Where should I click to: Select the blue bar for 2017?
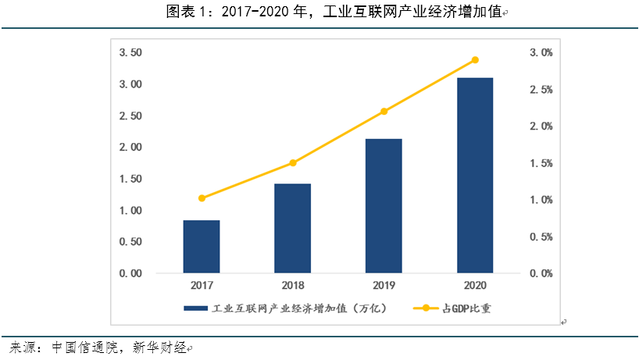pyautogui.click(x=202, y=247)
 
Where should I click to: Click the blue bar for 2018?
pyautogui.click(x=293, y=228)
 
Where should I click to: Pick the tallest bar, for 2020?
pyautogui.click(x=475, y=175)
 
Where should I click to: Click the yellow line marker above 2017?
pyautogui.click(x=202, y=198)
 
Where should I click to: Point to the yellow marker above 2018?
pyautogui.click(x=293, y=163)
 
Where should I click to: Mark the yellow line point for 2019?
pyautogui.click(x=384, y=112)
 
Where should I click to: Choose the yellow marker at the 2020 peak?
pyautogui.click(x=475, y=60)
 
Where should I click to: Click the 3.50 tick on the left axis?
pyautogui.click(x=130, y=52)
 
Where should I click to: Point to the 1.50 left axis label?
pyautogui.click(x=130, y=179)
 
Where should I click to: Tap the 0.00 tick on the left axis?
pyautogui.click(x=130, y=274)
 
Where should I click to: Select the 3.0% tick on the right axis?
pyautogui.click(x=541, y=52)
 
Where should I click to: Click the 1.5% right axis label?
pyautogui.click(x=541, y=163)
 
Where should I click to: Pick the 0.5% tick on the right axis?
pyautogui.click(x=541, y=237)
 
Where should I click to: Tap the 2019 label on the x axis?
pyautogui.click(x=384, y=287)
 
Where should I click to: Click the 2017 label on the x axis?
pyautogui.click(x=202, y=287)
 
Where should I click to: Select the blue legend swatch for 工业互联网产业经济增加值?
pyautogui.click(x=195, y=308)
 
